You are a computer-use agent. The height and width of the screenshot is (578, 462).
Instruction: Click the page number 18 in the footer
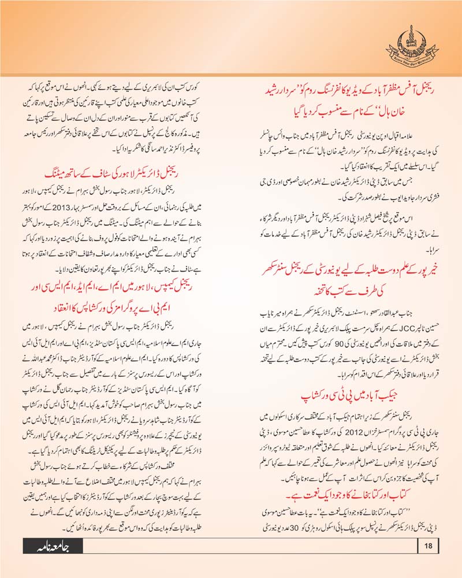coord(427,545)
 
